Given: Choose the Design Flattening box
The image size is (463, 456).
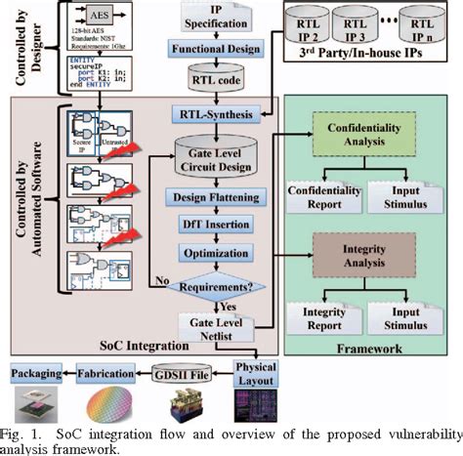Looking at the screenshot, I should [217, 197].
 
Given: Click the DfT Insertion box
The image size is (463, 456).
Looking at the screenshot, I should [217, 225].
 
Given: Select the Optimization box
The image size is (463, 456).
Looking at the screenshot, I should [217, 252].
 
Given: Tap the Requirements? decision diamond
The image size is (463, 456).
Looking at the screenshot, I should [217, 285].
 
